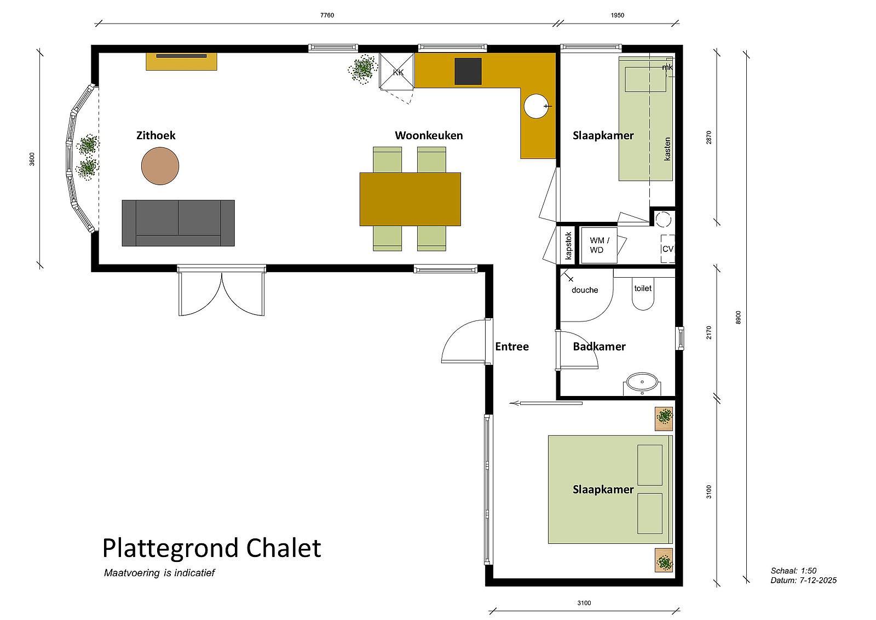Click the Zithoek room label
coord(155,135)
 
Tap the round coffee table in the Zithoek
coord(160,166)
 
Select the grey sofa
coord(178,223)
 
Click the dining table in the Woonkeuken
coord(410,199)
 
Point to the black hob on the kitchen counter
coord(468,71)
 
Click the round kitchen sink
coord(536,106)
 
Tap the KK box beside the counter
coord(397,71)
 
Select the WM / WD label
coord(599,245)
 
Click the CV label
coord(667,249)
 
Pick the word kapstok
coord(569,246)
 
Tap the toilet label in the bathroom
coord(643,288)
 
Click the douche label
coord(585,290)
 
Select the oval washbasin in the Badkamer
coord(642,381)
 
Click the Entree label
coord(512,347)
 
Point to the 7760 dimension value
coord(327,15)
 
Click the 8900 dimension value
coord(738,317)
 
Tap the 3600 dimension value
coord(32,159)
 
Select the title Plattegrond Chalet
coord(211,548)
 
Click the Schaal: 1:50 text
coord(793,571)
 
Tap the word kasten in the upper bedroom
coord(667,148)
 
